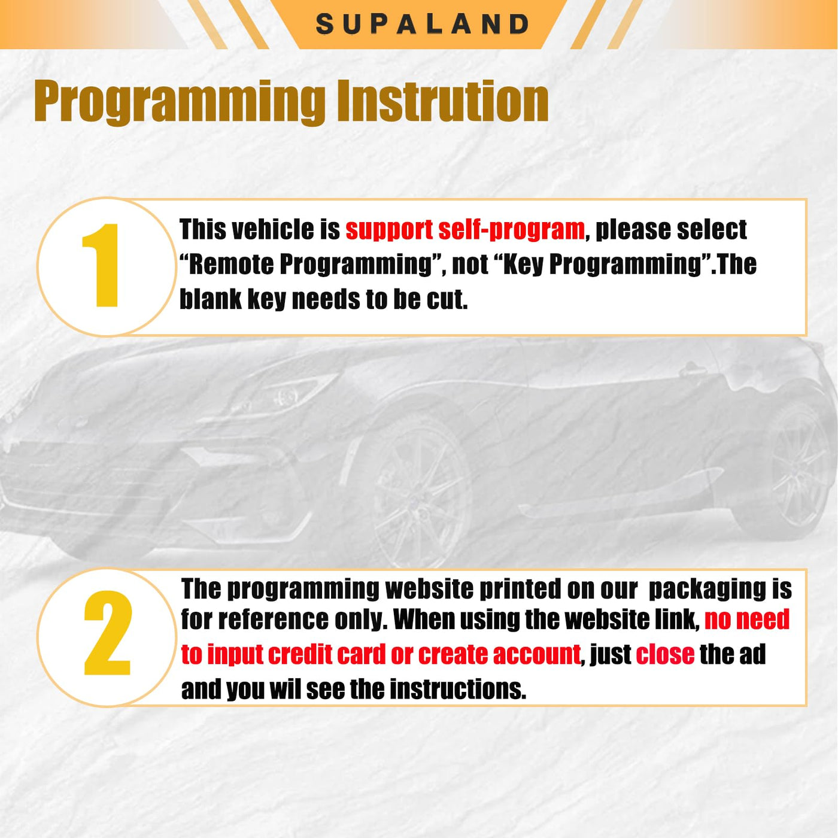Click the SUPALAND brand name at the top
tap(422, 25)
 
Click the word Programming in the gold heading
tap(179, 102)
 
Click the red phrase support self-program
tap(465, 230)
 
